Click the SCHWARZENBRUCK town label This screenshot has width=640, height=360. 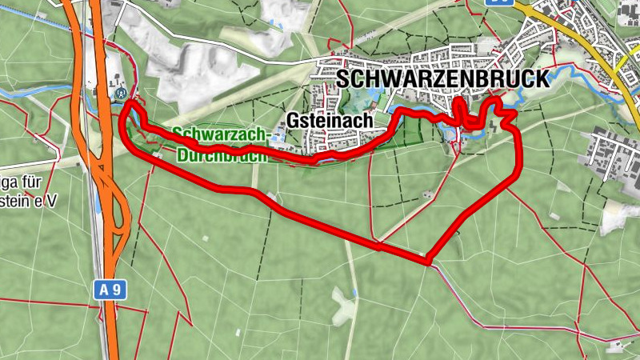pos(443,79)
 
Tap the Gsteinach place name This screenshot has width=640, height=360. pos(330,120)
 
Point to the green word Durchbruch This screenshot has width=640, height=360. pos(219,155)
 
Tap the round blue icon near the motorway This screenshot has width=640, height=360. pos(122,92)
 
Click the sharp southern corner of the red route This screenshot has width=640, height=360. pos(430,260)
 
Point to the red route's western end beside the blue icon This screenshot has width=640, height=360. pos(129,103)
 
